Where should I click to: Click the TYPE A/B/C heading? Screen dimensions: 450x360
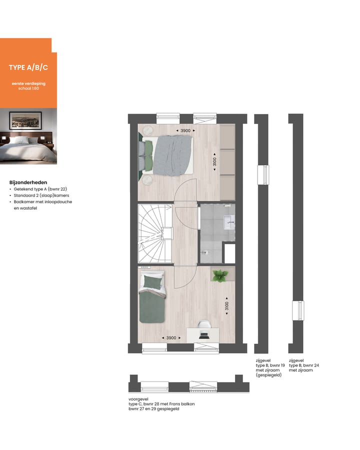(28, 67)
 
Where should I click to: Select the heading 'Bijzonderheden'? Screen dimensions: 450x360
(28, 182)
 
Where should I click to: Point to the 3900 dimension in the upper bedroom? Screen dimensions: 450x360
(185, 131)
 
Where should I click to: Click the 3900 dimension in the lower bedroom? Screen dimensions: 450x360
(171, 338)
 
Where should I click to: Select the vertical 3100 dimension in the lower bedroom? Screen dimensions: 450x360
(226, 305)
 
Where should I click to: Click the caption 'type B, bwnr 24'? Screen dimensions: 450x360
(303, 365)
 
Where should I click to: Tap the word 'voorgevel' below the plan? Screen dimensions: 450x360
(138, 399)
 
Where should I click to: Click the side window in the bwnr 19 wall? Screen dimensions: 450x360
(261, 175)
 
